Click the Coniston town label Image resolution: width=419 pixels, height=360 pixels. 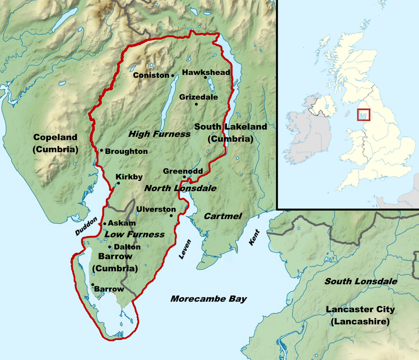[151, 75]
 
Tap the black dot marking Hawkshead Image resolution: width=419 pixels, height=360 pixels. [205, 77]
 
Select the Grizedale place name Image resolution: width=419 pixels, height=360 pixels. [198, 97]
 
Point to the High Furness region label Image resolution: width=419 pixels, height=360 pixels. [159, 134]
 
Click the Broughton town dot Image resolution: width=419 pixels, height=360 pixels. [101, 150]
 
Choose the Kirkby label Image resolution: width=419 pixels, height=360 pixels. [129, 177]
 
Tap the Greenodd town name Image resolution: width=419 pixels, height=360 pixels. [182, 171]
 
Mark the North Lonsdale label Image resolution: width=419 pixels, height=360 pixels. [180, 188]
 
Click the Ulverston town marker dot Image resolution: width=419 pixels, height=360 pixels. [171, 216]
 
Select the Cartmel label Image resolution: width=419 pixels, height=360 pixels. [223, 216]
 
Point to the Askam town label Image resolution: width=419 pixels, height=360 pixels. [122, 223]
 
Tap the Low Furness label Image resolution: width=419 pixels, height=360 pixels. [135, 234]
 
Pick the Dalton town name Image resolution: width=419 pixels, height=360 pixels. [127, 247]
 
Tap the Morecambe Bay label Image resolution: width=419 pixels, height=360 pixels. [208, 299]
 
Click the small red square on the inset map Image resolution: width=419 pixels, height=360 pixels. [363, 115]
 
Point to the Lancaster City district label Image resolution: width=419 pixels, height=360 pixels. [360, 315]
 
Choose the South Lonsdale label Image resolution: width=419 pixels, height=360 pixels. [360, 281]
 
